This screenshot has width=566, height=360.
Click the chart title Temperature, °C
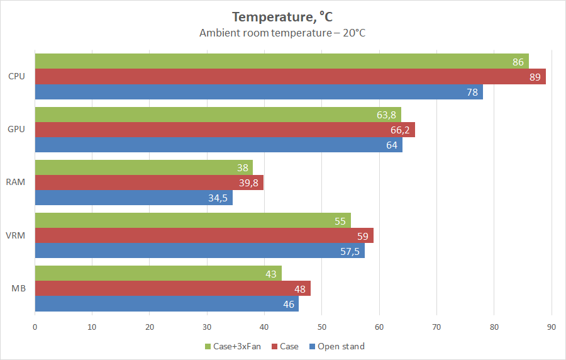[x=282, y=16]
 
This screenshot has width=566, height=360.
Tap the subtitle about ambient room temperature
[x=282, y=32]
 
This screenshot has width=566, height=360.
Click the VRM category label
[x=17, y=235]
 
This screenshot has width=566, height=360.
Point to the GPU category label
[x=17, y=130]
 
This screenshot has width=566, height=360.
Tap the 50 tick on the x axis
[x=321, y=327]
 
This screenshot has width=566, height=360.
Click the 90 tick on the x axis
[x=551, y=327]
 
